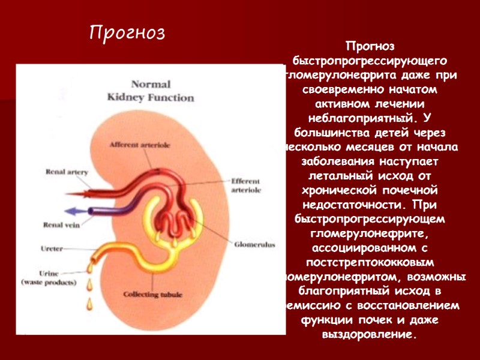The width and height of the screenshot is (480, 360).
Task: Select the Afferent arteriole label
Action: coord(139,145)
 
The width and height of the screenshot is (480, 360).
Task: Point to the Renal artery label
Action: coord(67,172)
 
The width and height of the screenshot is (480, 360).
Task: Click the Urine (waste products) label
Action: coord(49,277)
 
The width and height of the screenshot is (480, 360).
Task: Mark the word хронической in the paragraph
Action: coord(336,190)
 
